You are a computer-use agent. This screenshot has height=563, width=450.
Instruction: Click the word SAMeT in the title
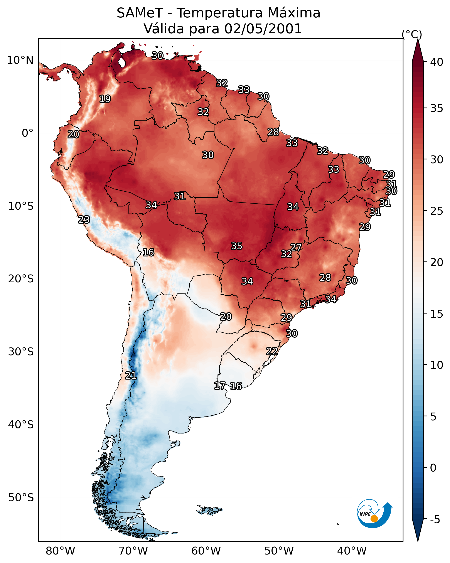pyautogui.click(x=140, y=13)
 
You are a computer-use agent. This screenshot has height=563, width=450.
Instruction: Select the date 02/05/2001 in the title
pyautogui.click(x=263, y=29)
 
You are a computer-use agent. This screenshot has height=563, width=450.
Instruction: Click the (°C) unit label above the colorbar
pyautogui.click(x=412, y=34)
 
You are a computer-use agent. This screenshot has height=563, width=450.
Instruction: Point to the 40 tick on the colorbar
pyautogui.click(x=437, y=62)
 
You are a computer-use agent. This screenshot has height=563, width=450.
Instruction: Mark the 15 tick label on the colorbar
pyautogui.click(x=437, y=314)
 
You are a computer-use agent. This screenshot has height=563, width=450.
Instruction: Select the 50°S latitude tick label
pyautogui.click(x=21, y=498)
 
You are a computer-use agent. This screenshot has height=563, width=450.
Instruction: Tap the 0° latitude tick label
pyautogui.click(x=27, y=133)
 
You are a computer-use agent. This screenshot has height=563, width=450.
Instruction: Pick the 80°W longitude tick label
pyautogui.click(x=60, y=551)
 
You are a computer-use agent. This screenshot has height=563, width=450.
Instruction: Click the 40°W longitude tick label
pyautogui.click(x=352, y=551)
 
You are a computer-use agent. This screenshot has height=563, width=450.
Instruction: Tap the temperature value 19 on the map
pyautogui.click(x=105, y=99)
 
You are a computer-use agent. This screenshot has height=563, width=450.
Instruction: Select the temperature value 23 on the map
pyautogui.click(x=84, y=220)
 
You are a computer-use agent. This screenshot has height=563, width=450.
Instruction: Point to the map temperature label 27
pyautogui.click(x=296, y=247)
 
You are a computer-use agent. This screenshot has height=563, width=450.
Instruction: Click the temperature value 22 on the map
pyautogui.click(x=272, y=351)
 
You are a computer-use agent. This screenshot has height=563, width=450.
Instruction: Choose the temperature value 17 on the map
pyautogui.click(x=220, y=386)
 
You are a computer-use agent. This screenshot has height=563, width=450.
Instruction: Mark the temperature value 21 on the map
pyautogui.click(x=131, y=376)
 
